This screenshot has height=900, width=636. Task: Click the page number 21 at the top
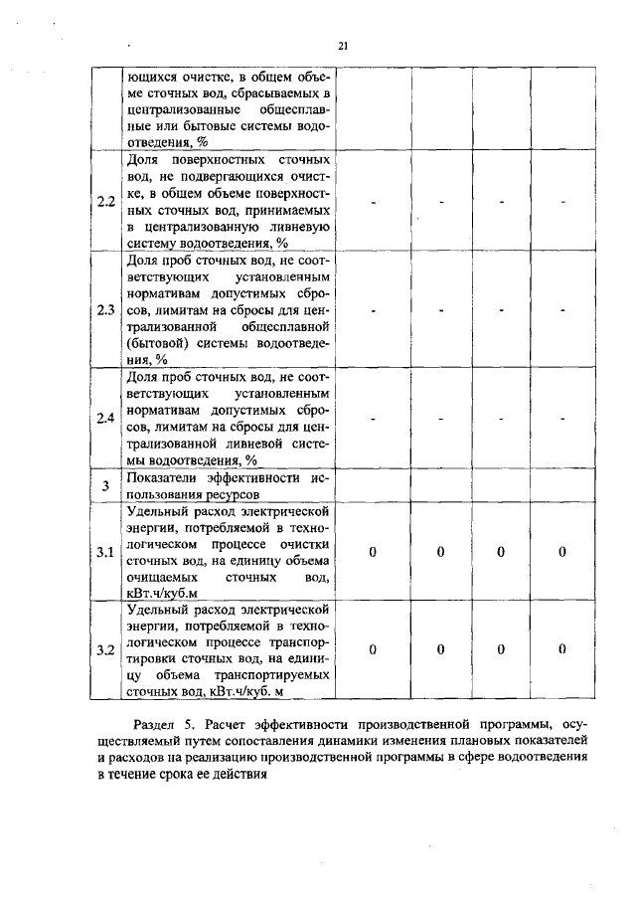pos(342,46)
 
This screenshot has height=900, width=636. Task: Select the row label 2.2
pos(105,202)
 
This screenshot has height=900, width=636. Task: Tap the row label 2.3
pos(105,310)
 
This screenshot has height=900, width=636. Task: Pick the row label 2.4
pos(105,418)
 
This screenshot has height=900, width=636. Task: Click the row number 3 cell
pos(105,486)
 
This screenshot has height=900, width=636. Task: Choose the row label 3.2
pos(105,650)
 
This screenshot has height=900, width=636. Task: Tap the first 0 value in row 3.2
pos(373,650)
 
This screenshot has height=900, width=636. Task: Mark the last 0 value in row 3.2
pos(562,650)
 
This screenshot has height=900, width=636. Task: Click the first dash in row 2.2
pos(373,202)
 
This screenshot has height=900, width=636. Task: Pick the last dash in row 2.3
pos(562,310)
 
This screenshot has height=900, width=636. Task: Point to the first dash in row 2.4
pos(373,418)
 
